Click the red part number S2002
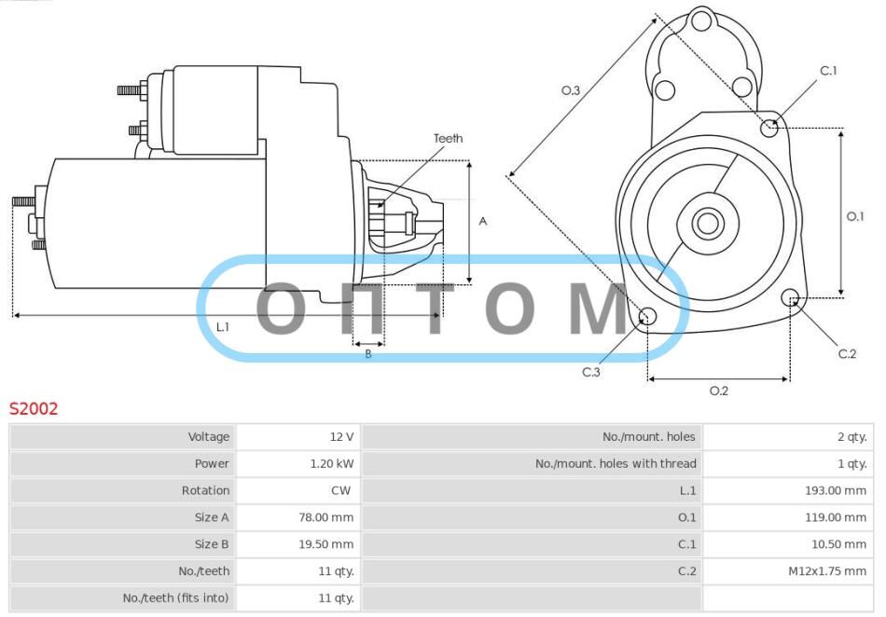click(x=34, y=408)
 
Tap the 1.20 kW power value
click(x=332, y=463)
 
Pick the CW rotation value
click(x=340, y=490)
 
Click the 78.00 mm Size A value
click(x=326, y=517)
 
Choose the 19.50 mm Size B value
click(x=326, y=544)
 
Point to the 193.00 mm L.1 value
click(x=835, y=490)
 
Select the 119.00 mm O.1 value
click(x=835, y=517)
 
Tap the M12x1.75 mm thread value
click(x=827, y=571)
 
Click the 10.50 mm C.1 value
click(x=838, y=544)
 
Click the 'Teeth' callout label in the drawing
click(x=448, y=138)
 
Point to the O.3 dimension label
click(x=570, y=90)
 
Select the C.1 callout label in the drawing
click(x=828, y=71)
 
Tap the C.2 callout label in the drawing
click(x=847, y=353)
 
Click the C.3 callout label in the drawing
click(x=591, y=372)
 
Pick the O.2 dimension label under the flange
click(x=719, y=391)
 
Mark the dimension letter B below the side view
click(x=367, y=354)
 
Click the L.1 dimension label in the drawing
click(x=223, y=327)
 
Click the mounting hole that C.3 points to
click(x=647, y=316)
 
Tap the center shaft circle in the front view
click(x=708, y=223)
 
